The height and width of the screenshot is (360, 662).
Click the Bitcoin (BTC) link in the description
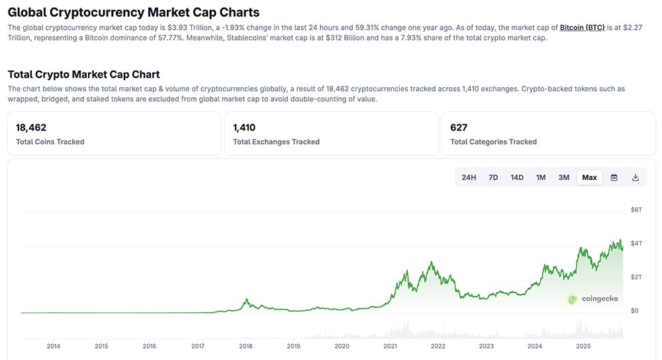point(582,28)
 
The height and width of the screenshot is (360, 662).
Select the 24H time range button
point(469,177)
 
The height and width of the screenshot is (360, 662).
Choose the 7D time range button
point(493,177)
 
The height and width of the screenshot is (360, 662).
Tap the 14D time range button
point(517,177)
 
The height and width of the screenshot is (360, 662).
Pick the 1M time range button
point(541,177)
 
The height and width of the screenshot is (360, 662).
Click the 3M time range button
point(564,177)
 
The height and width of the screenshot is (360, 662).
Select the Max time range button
point(589,177)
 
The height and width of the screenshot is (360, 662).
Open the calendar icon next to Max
point(614,177)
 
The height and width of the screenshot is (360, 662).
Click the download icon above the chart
point(636,177)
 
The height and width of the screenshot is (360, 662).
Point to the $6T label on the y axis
point(636,210)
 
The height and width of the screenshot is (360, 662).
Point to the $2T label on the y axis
point(636,277)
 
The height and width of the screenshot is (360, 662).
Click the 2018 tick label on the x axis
point(246,346)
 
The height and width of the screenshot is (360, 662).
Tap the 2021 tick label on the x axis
point(390,346)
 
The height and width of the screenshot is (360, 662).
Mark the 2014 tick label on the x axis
point(53,346)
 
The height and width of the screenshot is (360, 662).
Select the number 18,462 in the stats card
point(30,128)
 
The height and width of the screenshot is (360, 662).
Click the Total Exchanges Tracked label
point(276,142)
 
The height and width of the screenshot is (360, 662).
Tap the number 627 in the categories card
point(458,128)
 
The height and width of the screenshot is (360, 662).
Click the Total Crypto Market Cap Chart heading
point(83,74)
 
